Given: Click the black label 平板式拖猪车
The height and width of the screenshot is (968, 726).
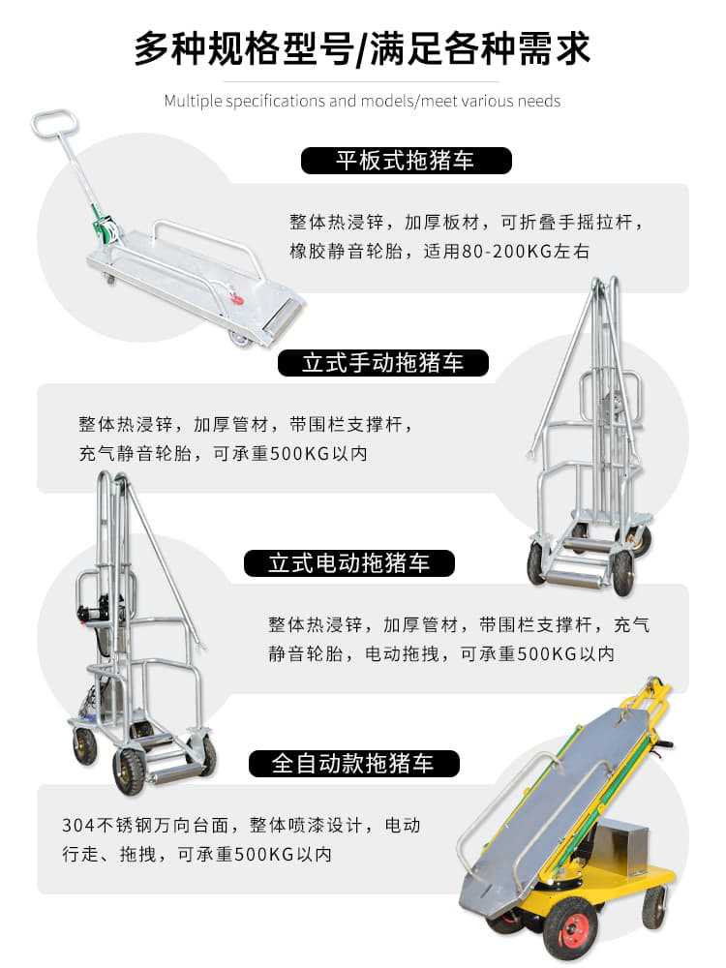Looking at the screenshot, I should tap(405, 160).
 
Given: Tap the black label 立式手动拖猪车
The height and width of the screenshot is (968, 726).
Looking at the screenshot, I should tap(383, 363).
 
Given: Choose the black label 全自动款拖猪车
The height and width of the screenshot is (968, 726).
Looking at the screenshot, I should tap(351, 764).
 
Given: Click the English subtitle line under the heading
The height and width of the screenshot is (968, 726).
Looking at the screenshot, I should tap(362, 101).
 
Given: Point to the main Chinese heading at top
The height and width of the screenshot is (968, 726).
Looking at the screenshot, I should tap(362, 48).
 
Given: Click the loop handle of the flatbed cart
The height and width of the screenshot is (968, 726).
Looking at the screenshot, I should tap(53, 123).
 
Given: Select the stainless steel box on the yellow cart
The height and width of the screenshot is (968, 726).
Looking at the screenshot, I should tap(625, 847).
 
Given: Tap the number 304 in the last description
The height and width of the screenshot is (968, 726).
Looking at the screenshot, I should tap(77, 827).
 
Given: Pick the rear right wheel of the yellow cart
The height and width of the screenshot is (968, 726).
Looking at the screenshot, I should tap(654, 906).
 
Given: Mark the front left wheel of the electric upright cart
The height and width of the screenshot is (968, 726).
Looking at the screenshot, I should tap(129, 771).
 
